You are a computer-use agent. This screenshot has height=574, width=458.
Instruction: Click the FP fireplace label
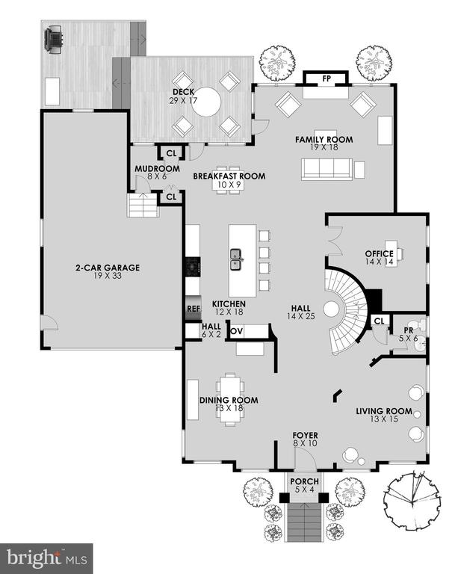(327, 78)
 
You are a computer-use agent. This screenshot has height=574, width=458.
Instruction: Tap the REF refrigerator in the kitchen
(194, 309)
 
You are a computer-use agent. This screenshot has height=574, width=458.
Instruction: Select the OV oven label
(237, 331)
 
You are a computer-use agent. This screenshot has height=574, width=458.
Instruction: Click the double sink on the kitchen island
(235, 259)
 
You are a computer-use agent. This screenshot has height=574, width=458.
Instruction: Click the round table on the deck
(207, 102)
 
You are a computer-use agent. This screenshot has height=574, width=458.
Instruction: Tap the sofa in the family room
(327, 170)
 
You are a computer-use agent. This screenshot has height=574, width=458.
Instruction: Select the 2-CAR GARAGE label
(108, 268)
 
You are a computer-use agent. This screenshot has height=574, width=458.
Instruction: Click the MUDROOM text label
(157, 169)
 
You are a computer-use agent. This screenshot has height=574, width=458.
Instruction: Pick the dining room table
(230, 399)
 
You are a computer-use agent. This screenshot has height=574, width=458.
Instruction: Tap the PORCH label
(304, 481)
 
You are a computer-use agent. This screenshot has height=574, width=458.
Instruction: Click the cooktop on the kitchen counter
(193, 266)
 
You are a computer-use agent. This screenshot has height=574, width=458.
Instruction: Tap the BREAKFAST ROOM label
(229, 176)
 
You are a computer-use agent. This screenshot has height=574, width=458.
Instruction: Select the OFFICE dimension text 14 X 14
(379, 262)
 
